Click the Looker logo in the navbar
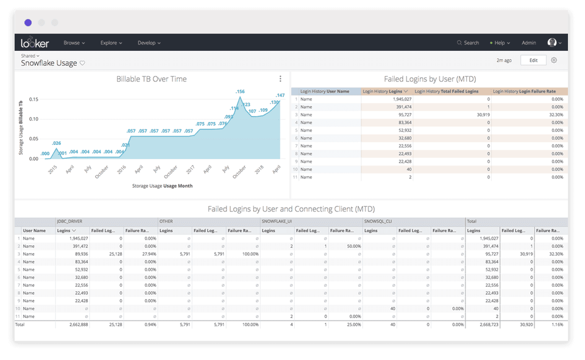(x=35, y=42)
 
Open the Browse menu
(x=74, y=43)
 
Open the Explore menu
(x=111, y=43)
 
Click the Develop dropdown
(x=149, y=43)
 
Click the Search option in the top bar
(x=468, y=43)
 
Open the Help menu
(x=500, y=43)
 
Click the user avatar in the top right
(x=552, y=43)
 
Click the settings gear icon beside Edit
(x=554, y=60)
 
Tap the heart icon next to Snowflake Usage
(x=82, y=63)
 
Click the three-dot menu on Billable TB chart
(x=280, y=79)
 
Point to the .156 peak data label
(x=240, y=92)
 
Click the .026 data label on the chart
(x=57, y=143)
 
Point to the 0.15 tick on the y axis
(x=33, y=99)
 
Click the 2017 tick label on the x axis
(x=191, y=170)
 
